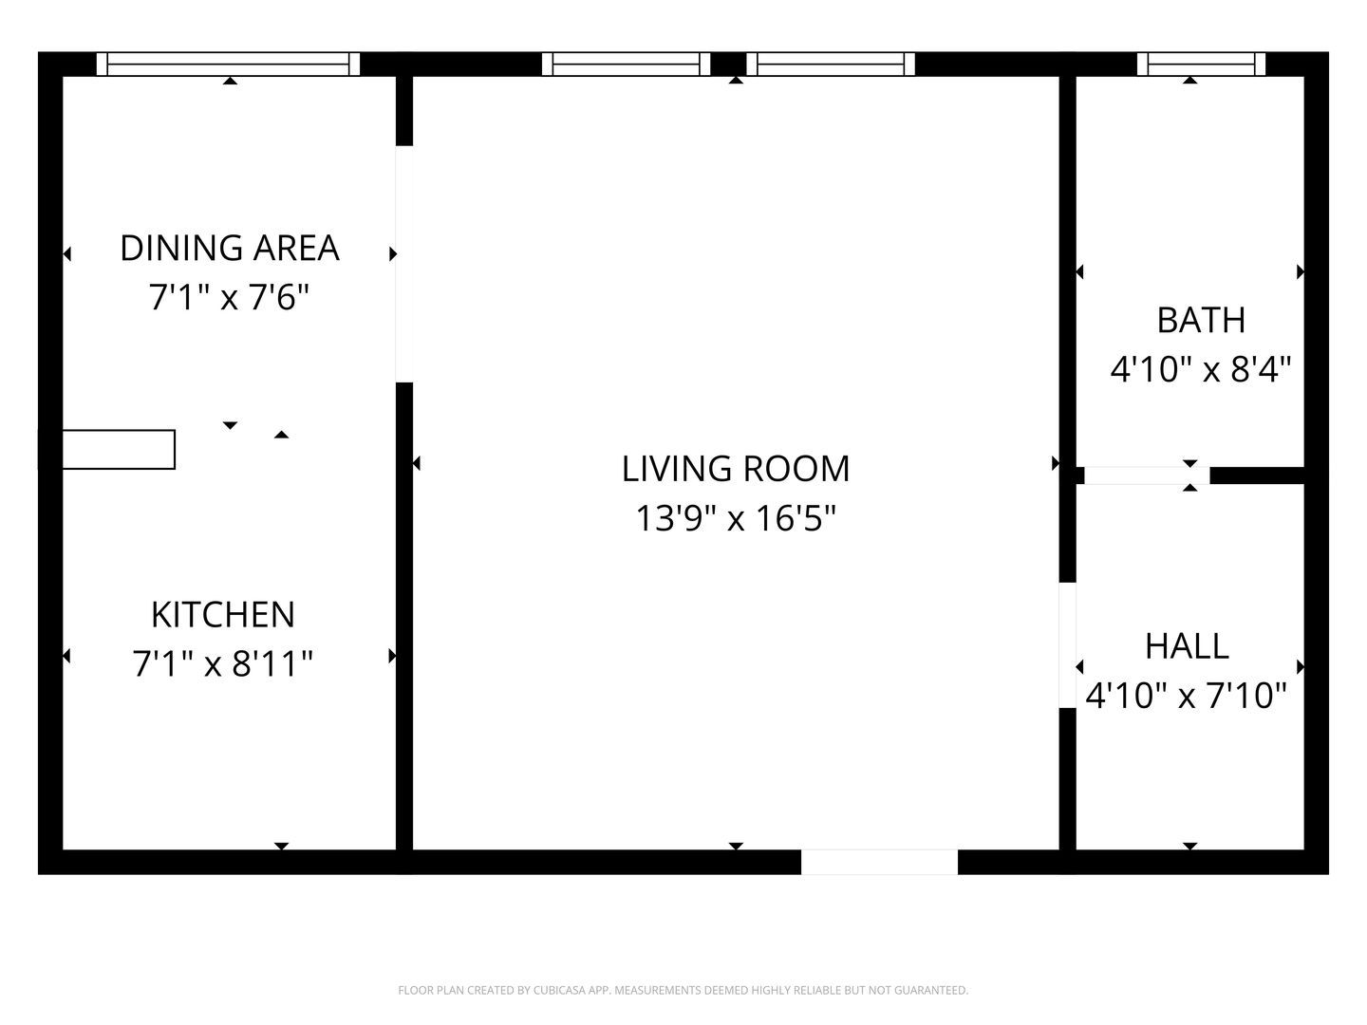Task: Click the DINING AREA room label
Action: [x=229, y=248]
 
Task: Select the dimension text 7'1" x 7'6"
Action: [x=229, y=297]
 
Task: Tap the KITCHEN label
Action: [x=223, y=615]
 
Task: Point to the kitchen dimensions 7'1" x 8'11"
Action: [x=222, y=663]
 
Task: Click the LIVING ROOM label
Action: [x=736, y=469]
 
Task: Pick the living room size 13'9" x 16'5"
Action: [x=736, y=518]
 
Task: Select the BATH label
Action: [x=1201, y=321]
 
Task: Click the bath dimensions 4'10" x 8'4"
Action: [x=1201, y=369]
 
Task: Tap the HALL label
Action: [x=1187, y=646]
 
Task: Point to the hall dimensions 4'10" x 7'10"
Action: [x=1187, y=695]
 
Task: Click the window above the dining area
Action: [x=228, y=65]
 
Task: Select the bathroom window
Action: [x=1201, y=65]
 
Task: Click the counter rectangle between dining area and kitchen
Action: [x=119, y=449]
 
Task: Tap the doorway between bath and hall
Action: [x=1147, y=475]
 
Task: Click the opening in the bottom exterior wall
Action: [x=879, y=862]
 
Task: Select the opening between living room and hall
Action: [x=1067, y=645]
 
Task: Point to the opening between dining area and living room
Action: [x=404, y=264]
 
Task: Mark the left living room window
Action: [x=626, y=65]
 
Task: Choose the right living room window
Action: [x=830, y=65]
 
